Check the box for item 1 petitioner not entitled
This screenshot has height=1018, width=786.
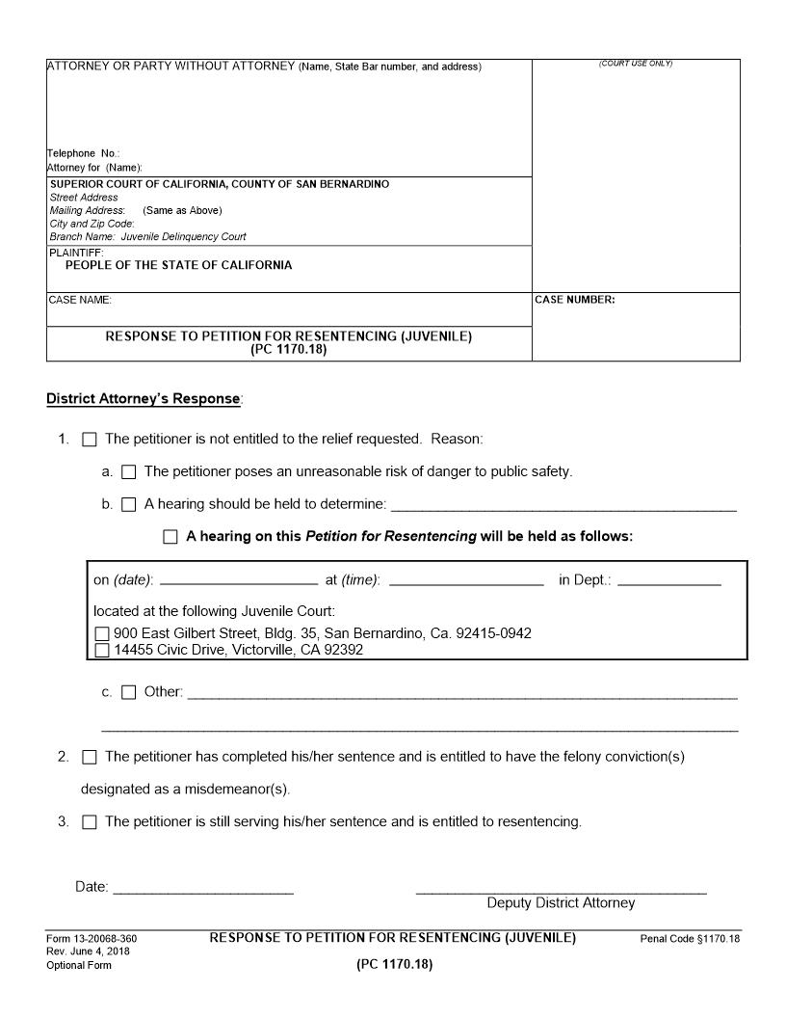coord(90,440)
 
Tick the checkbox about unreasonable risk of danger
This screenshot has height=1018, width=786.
coord(129,472)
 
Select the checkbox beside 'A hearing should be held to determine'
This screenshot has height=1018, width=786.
coord(129,504)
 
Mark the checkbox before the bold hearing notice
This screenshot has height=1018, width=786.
coord(170,537)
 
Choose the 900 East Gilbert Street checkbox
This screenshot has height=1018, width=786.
coord(103,634)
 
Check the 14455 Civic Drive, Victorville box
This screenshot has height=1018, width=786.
coord(103,651)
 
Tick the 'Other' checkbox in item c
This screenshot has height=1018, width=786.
coord(129,692)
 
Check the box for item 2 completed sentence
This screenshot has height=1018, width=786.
coord(90,758)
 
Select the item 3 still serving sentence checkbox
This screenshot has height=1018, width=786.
coord(90,823)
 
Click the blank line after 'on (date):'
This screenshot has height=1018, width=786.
coord(238,581)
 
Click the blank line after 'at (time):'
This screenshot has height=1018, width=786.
coord(466,581)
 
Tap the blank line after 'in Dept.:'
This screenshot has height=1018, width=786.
coord(668,581)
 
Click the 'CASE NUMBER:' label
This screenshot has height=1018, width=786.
coord(574,300)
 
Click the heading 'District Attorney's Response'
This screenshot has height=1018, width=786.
coord(144,399)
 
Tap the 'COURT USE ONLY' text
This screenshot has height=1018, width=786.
coord(636,64)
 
